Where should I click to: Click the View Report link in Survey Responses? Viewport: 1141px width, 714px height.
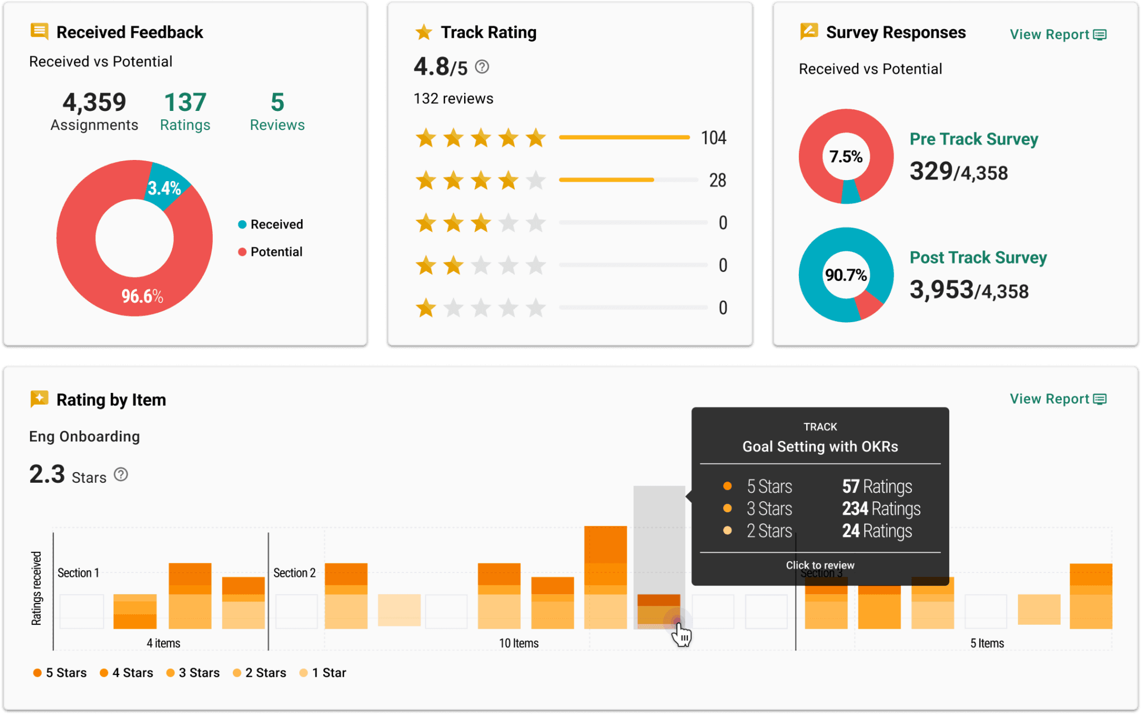click(x=1057, y=35)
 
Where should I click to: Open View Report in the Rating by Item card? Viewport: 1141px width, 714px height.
click(x=1057, y=399)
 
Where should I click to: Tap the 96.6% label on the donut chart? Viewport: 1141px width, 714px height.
click(x=142, y=296)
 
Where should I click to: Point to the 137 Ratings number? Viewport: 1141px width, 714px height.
click(x=185, y=103)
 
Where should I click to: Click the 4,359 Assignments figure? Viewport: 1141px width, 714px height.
click(x=94, y=103)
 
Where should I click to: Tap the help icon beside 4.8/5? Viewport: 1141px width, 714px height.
click(x=482, y=67)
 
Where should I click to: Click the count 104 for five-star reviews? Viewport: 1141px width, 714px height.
click(x=713, y=138)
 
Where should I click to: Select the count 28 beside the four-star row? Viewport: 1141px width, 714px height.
click(x=717, y=180)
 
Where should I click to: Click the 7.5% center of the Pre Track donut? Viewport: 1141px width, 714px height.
click(x=846, y=157)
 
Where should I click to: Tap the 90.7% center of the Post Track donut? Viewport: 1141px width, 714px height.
click(x=846, y=275)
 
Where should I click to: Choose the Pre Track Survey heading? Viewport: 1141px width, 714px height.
click(x=973, y=139)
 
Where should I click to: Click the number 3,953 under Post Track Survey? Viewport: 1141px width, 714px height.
click(x=941, y=290)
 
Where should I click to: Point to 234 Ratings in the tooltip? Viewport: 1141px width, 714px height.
click(x=881, y=509)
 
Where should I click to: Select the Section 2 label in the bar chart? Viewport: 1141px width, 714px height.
click(x=294, y=573)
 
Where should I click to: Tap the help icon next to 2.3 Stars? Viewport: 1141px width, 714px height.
click(x=121, y=475)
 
